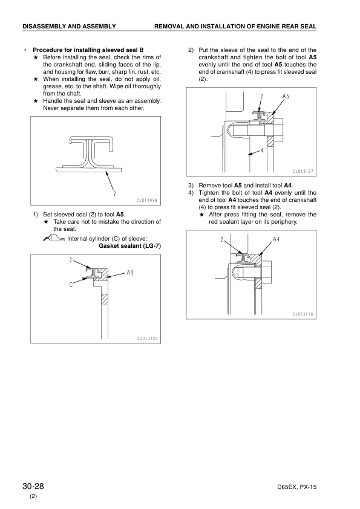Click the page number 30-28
click(33, 486)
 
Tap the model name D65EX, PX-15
click(297, 487)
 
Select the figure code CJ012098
click(147, 200)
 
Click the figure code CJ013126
click(147, 339)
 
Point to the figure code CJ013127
click(303, 172)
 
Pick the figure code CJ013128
click(303, 314)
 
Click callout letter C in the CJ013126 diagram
click(71, 285)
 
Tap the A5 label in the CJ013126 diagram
click(130, 273)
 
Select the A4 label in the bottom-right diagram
click(276, 239)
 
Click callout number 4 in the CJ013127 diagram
click(261, 150)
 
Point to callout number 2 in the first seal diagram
click(115, 194)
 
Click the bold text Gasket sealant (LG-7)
click(129, 246)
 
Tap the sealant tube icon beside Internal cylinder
click(54, 239)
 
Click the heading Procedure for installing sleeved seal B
click(88, 50)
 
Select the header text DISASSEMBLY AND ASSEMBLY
click(69, 26)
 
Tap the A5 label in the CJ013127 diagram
click(286, 96)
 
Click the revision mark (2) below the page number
click(33, 496)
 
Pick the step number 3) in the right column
click(191, 186)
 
